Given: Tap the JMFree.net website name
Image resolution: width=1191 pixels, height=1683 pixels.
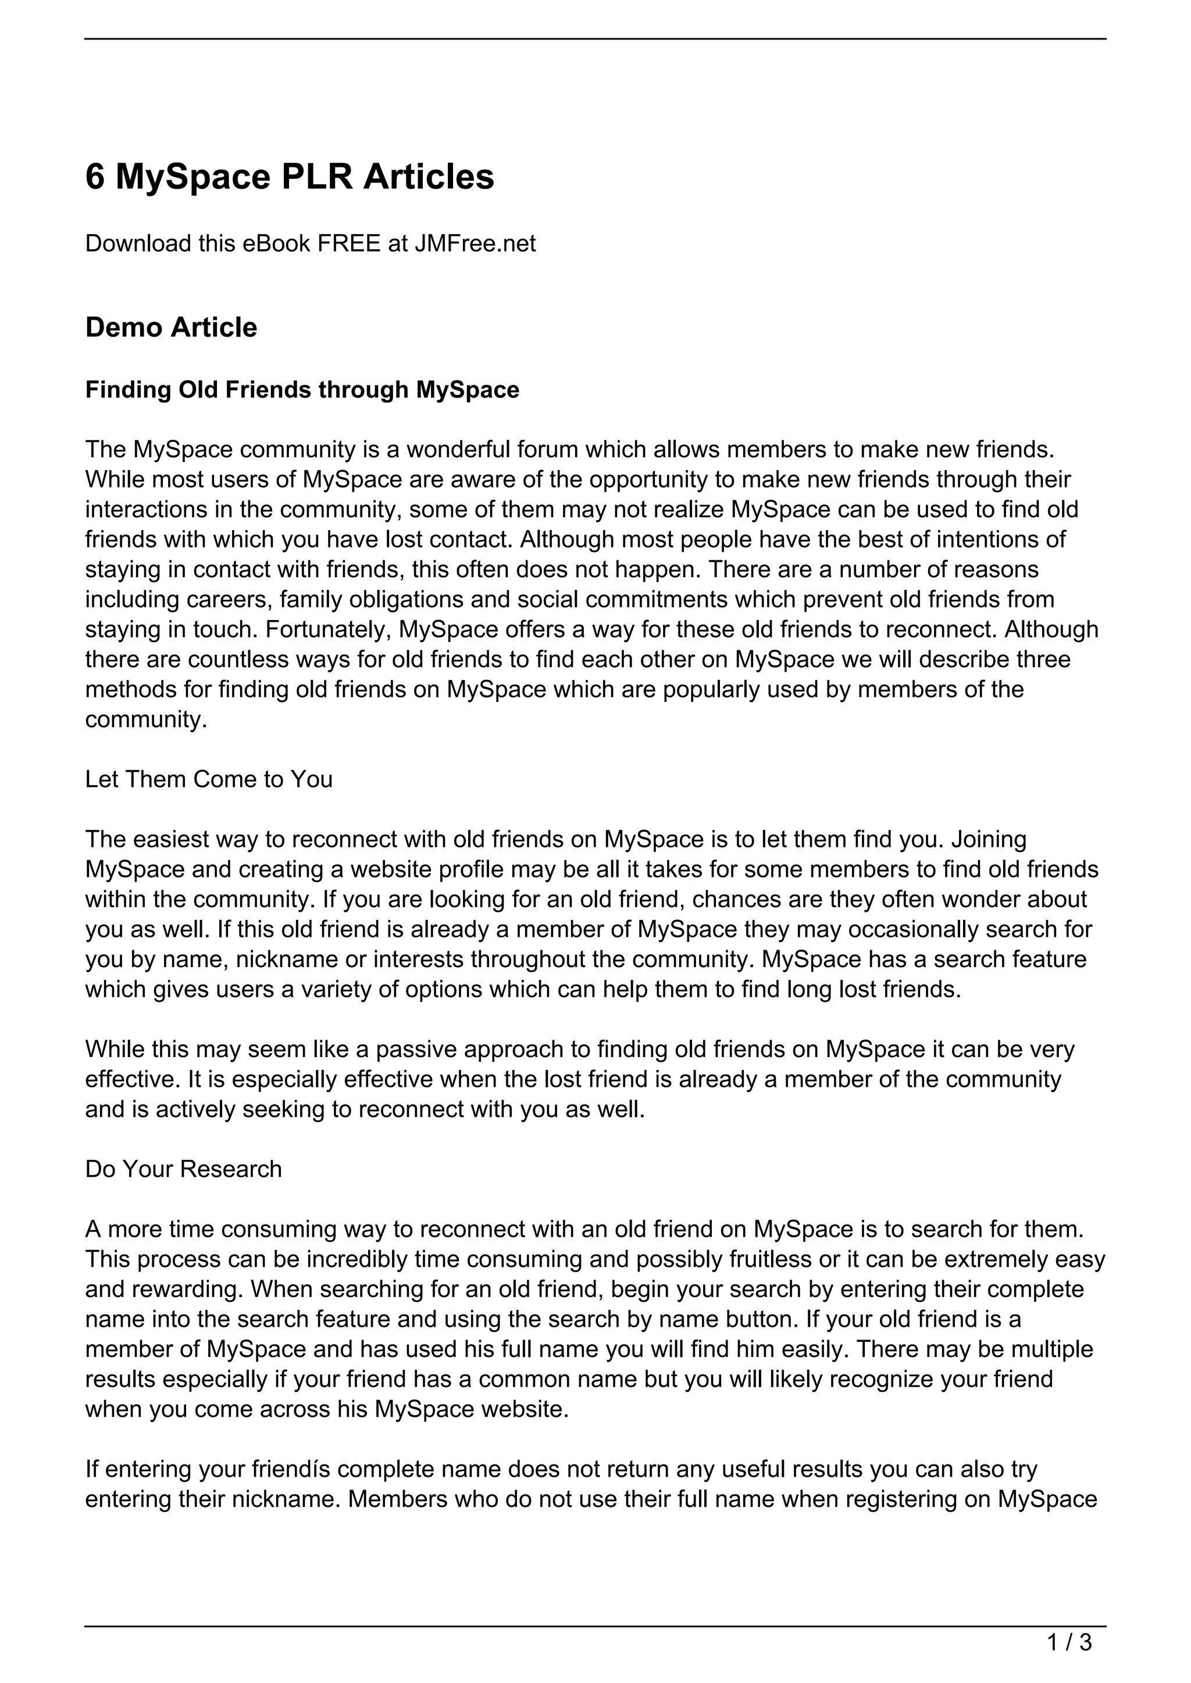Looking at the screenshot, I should tap(475, 244).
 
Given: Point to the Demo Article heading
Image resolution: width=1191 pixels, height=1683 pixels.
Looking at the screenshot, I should tap(171, 328).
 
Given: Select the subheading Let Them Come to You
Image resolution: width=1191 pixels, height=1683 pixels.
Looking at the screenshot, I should tap(208, 779).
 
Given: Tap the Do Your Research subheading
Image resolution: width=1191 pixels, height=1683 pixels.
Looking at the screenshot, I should tap(183, 1169).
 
